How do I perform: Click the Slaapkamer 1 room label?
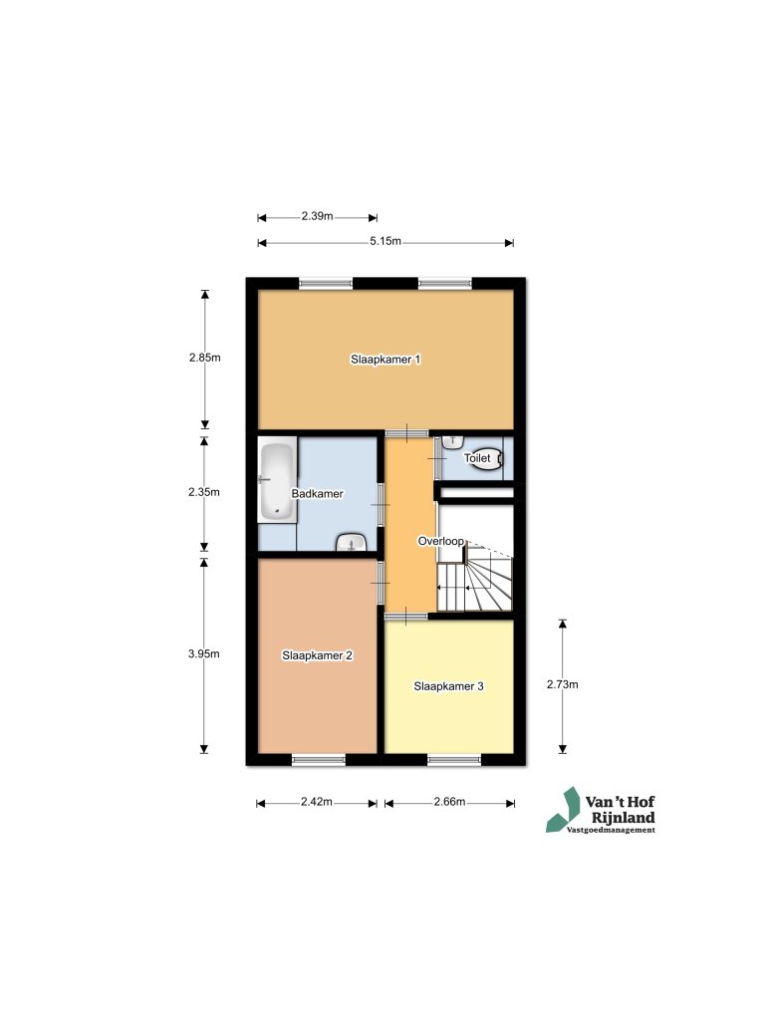pyautogui.click(x=384, y=359)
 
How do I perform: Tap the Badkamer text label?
pyautogui.click(x=317, y=493)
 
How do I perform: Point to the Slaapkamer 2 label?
pyautogui.click(x=317, y=655)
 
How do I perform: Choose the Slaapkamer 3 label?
pyautogui.click(x=449, y=685)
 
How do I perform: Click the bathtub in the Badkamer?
pyautogui.click(x=277, y=481)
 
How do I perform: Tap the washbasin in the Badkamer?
pyautogui.click(x=351, y=542)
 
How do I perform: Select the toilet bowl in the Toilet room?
pyautogui.click(x=492, y=459)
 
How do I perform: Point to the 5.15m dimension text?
pyautogui.click(x=384, y=241)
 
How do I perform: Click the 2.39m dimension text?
pyautogui.click(x=317, y=216)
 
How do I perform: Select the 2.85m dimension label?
pyautogui.click(x=205, y=358)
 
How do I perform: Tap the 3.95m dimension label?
pyautogui.click(x=205, y=653)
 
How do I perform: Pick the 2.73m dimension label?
pyautogui.click(x=562, y=684)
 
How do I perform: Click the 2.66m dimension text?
pyautogui.click(x=449, y=802)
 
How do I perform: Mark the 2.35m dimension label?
pyautogui.click(x=205, y=492)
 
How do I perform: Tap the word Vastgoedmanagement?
pyautogui.click(x=610, y=830)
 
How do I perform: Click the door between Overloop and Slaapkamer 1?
pyautogui.click(x=406, y=432)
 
